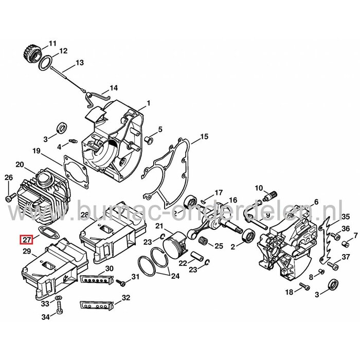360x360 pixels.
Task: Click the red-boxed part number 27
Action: click(26, 239)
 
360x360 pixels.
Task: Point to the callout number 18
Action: click(288, 292)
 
